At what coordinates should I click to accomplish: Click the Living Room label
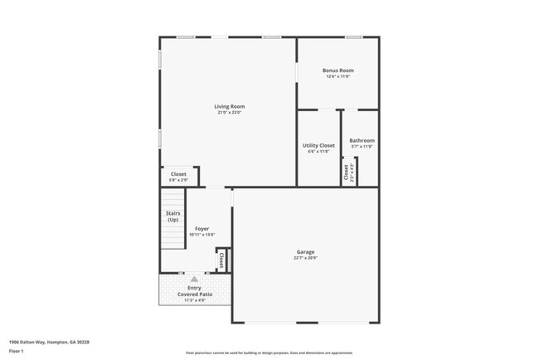click(230, 106)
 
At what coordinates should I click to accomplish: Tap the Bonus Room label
click(337, 71)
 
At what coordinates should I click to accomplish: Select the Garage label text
click(306, 251)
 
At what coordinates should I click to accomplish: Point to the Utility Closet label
click(318, 145)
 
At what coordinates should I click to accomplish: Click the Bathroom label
click(362, 140)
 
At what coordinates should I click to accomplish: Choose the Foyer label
click(202, 228)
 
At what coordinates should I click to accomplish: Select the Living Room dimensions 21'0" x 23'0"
click(230, 113)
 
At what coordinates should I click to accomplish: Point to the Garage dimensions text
click(306, 258)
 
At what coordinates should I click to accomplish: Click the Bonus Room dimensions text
click(337, 77)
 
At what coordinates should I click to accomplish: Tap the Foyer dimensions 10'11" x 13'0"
click(202, 235)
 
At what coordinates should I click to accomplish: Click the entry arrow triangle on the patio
click(195, 279)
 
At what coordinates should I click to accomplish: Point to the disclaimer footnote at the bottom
click(269, 353)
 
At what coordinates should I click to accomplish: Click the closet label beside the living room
click(178, 174)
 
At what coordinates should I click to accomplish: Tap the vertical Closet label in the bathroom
click(346, 173)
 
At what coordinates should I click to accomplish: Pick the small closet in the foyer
click(221, 260)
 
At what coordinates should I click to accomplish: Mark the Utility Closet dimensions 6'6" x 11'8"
click(318, 152)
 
